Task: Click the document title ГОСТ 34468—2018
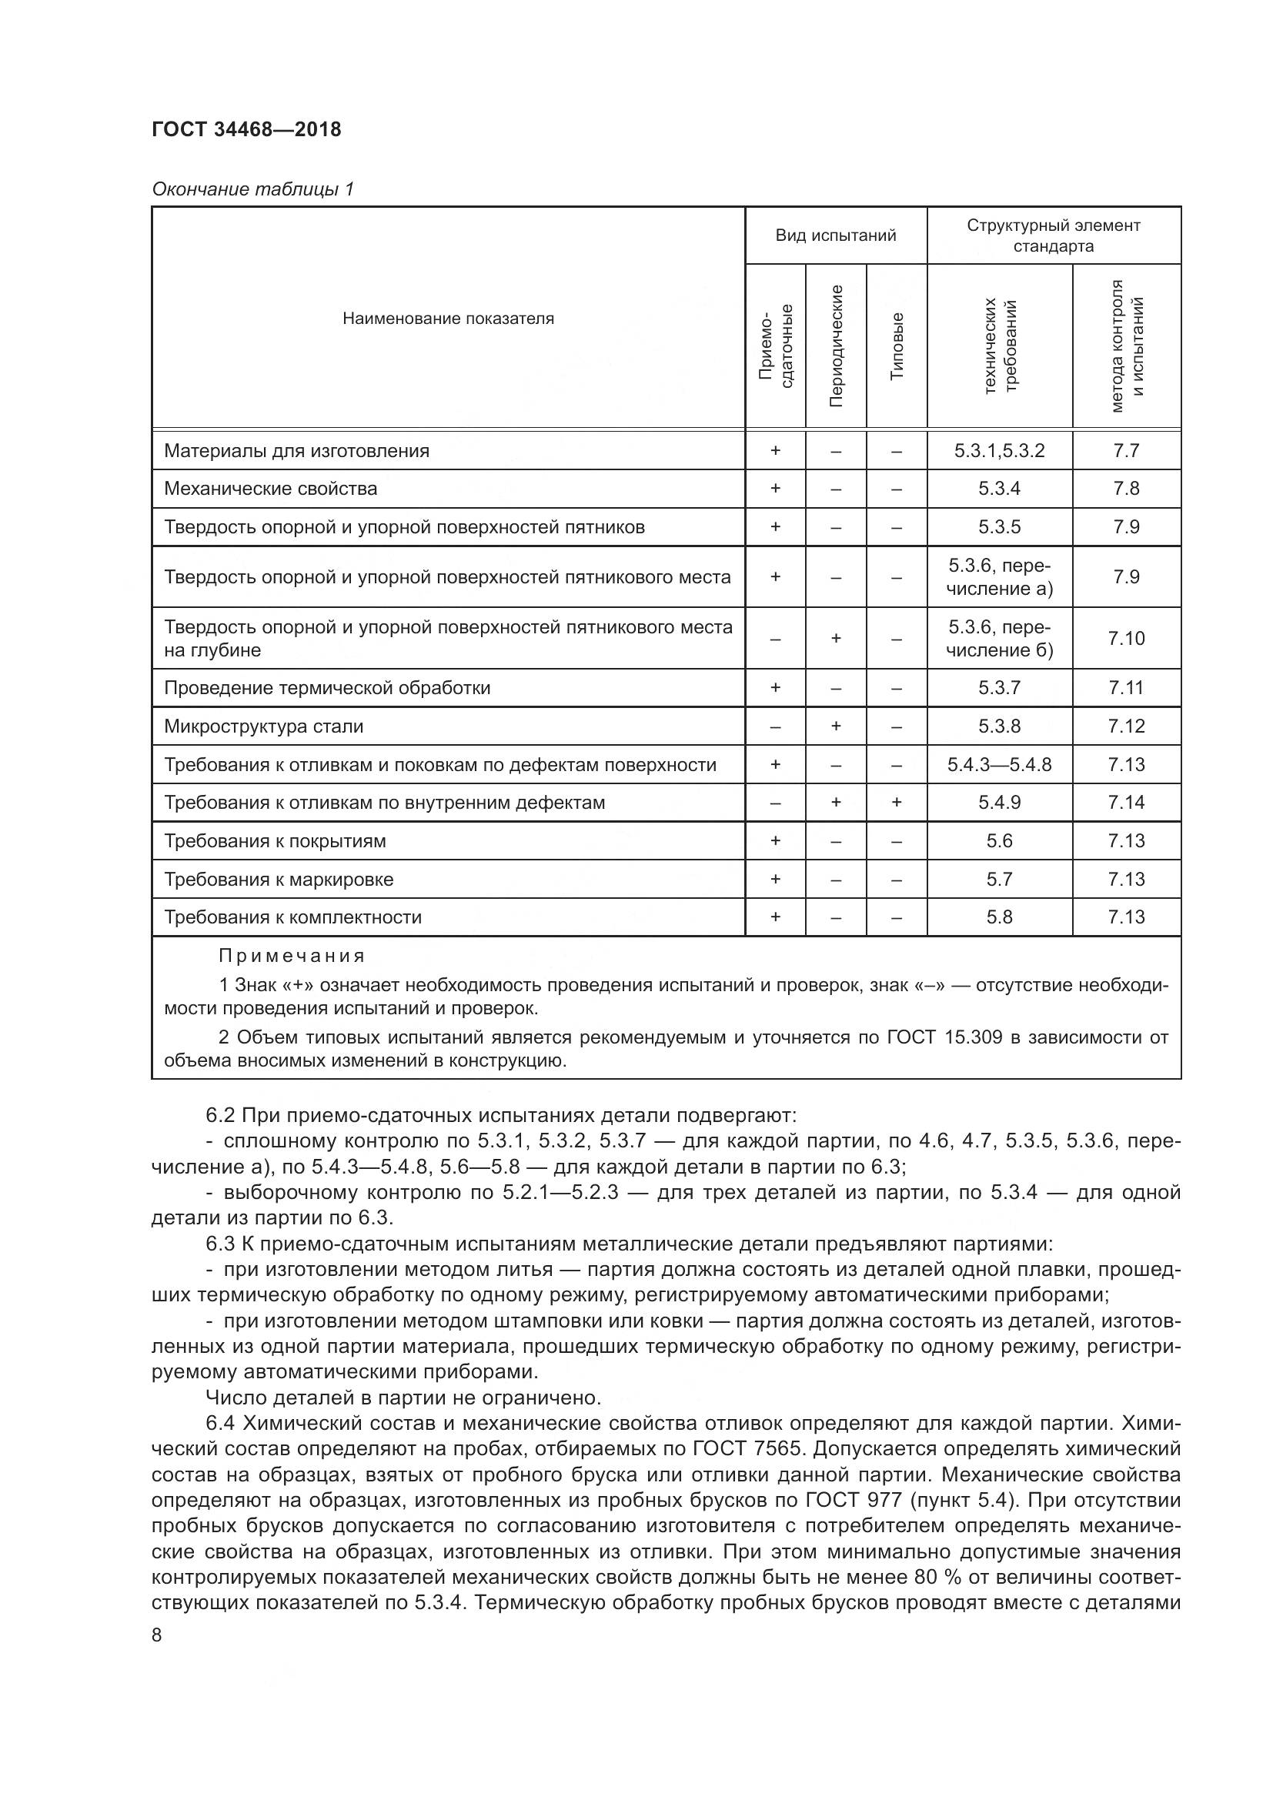pos(246,129)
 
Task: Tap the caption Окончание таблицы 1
pos(252,189)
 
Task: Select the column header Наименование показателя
pos(448,319)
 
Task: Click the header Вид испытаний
pos(835,235)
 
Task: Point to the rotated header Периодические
pos(836,346)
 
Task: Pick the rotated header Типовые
pos(897,346)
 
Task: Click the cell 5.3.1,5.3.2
pos(999,451)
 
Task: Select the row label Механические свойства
pos(270,489)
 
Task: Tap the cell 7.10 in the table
pos(1126,638)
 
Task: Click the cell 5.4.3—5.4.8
pos(999,764)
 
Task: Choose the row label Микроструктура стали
pos(263,726)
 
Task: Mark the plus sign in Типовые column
pos(897,802)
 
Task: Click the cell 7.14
pos(1126,802)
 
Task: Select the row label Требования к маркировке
pos(279,879)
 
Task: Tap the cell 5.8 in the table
pos(999,917)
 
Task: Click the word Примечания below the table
pos(292,956)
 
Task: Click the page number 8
pos(157,1635)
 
